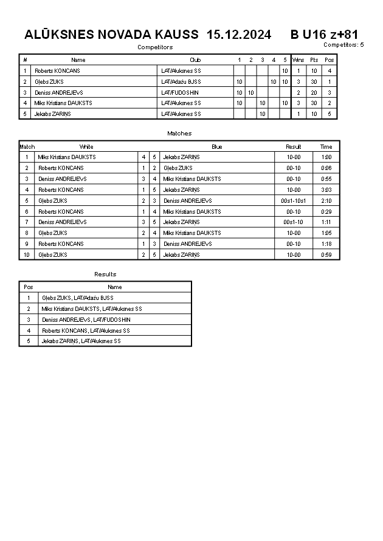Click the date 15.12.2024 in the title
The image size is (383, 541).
tap(239, 35)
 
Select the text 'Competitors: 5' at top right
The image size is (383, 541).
tap(343, 44)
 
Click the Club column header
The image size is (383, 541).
tap(195, 60)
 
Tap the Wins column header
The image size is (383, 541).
tap(298, 60)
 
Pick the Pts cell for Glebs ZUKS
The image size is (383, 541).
tap(314, 81)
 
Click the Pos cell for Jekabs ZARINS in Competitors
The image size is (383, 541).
tap(329, 114)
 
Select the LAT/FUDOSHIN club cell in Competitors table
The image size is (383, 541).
tap(180, 92)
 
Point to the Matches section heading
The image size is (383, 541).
tap(179, 133)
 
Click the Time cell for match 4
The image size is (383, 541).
tap(326, 189)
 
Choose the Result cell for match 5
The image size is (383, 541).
tap(294, 200)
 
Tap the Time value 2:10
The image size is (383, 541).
tap(326, 200)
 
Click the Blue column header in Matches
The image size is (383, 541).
tap(217, 146)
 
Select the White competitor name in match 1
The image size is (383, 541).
tap(67, 157)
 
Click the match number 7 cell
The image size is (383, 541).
tap(27, 222)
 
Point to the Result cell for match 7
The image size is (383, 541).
tap(294, 222)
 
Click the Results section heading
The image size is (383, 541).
tap(105, 274)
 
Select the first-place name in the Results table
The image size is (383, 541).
tap(77, 298)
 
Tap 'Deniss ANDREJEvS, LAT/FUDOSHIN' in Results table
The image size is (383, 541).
tap(86, 320)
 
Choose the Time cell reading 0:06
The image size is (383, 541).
tap(326, 168)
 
